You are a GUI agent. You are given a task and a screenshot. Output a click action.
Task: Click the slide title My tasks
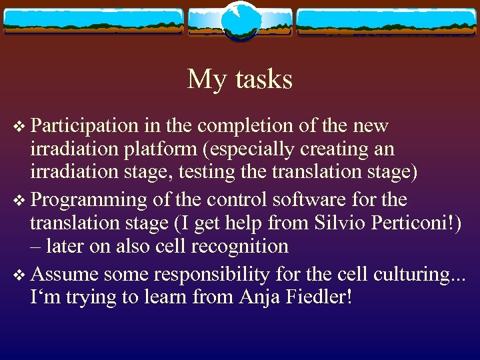coord(240,79)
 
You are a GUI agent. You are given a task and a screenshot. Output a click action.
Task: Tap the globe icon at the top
coord(240,21)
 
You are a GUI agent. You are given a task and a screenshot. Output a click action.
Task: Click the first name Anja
coord(261,297)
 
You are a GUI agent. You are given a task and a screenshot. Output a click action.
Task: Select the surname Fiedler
coord(320,297)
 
